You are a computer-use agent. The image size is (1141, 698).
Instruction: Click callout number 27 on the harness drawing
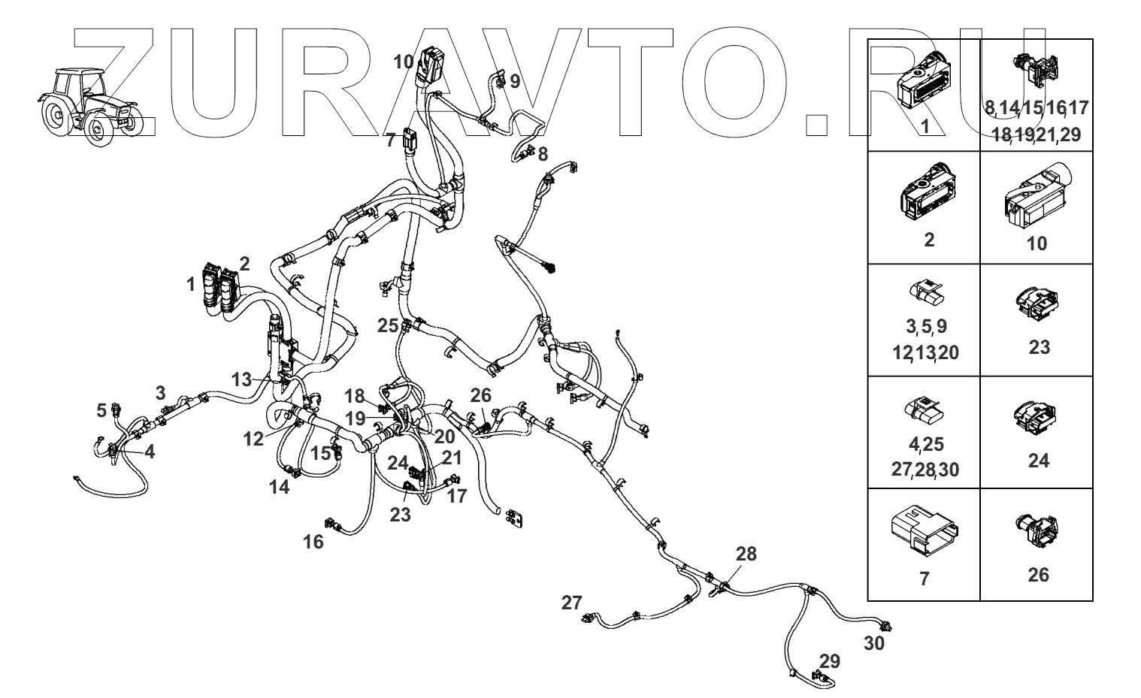tap(571, 603)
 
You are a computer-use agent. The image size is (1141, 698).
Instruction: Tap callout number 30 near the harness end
tap(874, 643)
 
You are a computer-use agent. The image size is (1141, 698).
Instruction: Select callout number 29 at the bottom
tap(830, 661)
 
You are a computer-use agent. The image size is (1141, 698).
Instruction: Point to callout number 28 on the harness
tap(746, 554)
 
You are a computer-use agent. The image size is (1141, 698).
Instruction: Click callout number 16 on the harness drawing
tap(313, 541)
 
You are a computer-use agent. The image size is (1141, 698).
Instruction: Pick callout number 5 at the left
tap(101, 410)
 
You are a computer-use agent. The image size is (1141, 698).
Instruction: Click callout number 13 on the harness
tap(241, 379)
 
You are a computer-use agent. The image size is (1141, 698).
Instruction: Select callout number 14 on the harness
tap(280, 486)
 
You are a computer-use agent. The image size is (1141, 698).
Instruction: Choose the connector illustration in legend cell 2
tap(929, 195)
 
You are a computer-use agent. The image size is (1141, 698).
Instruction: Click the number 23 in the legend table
tap(1039, 347)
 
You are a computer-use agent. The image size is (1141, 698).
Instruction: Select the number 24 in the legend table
tap(1039, 460)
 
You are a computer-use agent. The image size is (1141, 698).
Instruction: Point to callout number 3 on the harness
tap(160, 392)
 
